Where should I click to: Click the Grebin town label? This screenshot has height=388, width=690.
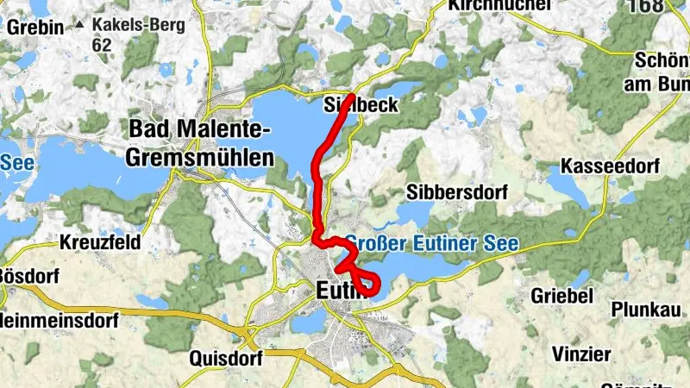point(35,27)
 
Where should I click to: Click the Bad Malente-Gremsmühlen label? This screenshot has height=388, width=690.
point(199,143)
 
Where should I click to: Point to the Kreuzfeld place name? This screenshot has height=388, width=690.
point(101,242)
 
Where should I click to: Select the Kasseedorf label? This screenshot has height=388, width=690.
point(609,165)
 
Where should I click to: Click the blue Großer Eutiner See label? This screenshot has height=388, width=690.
point(431,244)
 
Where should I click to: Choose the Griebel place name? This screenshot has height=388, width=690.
point(561,295)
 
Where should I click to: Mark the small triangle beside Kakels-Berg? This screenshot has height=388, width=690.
point(80,24)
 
